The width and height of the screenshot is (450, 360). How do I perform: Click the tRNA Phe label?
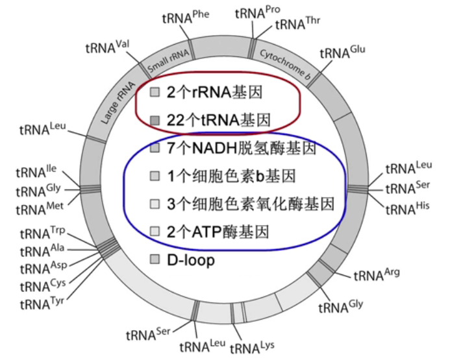[x=182, y=18]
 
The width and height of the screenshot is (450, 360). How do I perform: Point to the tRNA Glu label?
[x=344, y=52]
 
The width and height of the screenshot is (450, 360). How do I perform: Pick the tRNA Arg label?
[x=376, y=274]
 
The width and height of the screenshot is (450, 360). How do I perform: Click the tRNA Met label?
[x=38, y=209]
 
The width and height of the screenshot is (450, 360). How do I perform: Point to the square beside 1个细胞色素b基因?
[x=155, y=176]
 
